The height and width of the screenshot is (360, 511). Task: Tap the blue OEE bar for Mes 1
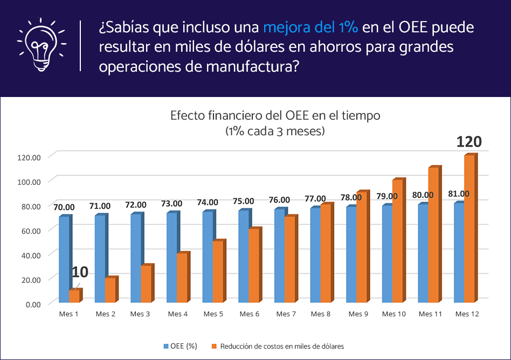tap(64, 259)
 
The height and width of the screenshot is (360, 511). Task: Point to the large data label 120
tap(468, 142)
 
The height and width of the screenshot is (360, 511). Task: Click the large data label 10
tap(80, 272)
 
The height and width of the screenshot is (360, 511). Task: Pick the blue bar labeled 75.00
tap(244, 256)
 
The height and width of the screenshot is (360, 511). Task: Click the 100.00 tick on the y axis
tap(29, 182)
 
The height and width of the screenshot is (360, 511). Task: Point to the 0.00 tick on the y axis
tap(32, 304)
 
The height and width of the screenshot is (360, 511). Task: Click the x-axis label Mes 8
tap(321, 314)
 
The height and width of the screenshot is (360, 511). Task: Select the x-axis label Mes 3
tap(141, 314)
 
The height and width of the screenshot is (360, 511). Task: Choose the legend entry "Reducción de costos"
tap(281, 346)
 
